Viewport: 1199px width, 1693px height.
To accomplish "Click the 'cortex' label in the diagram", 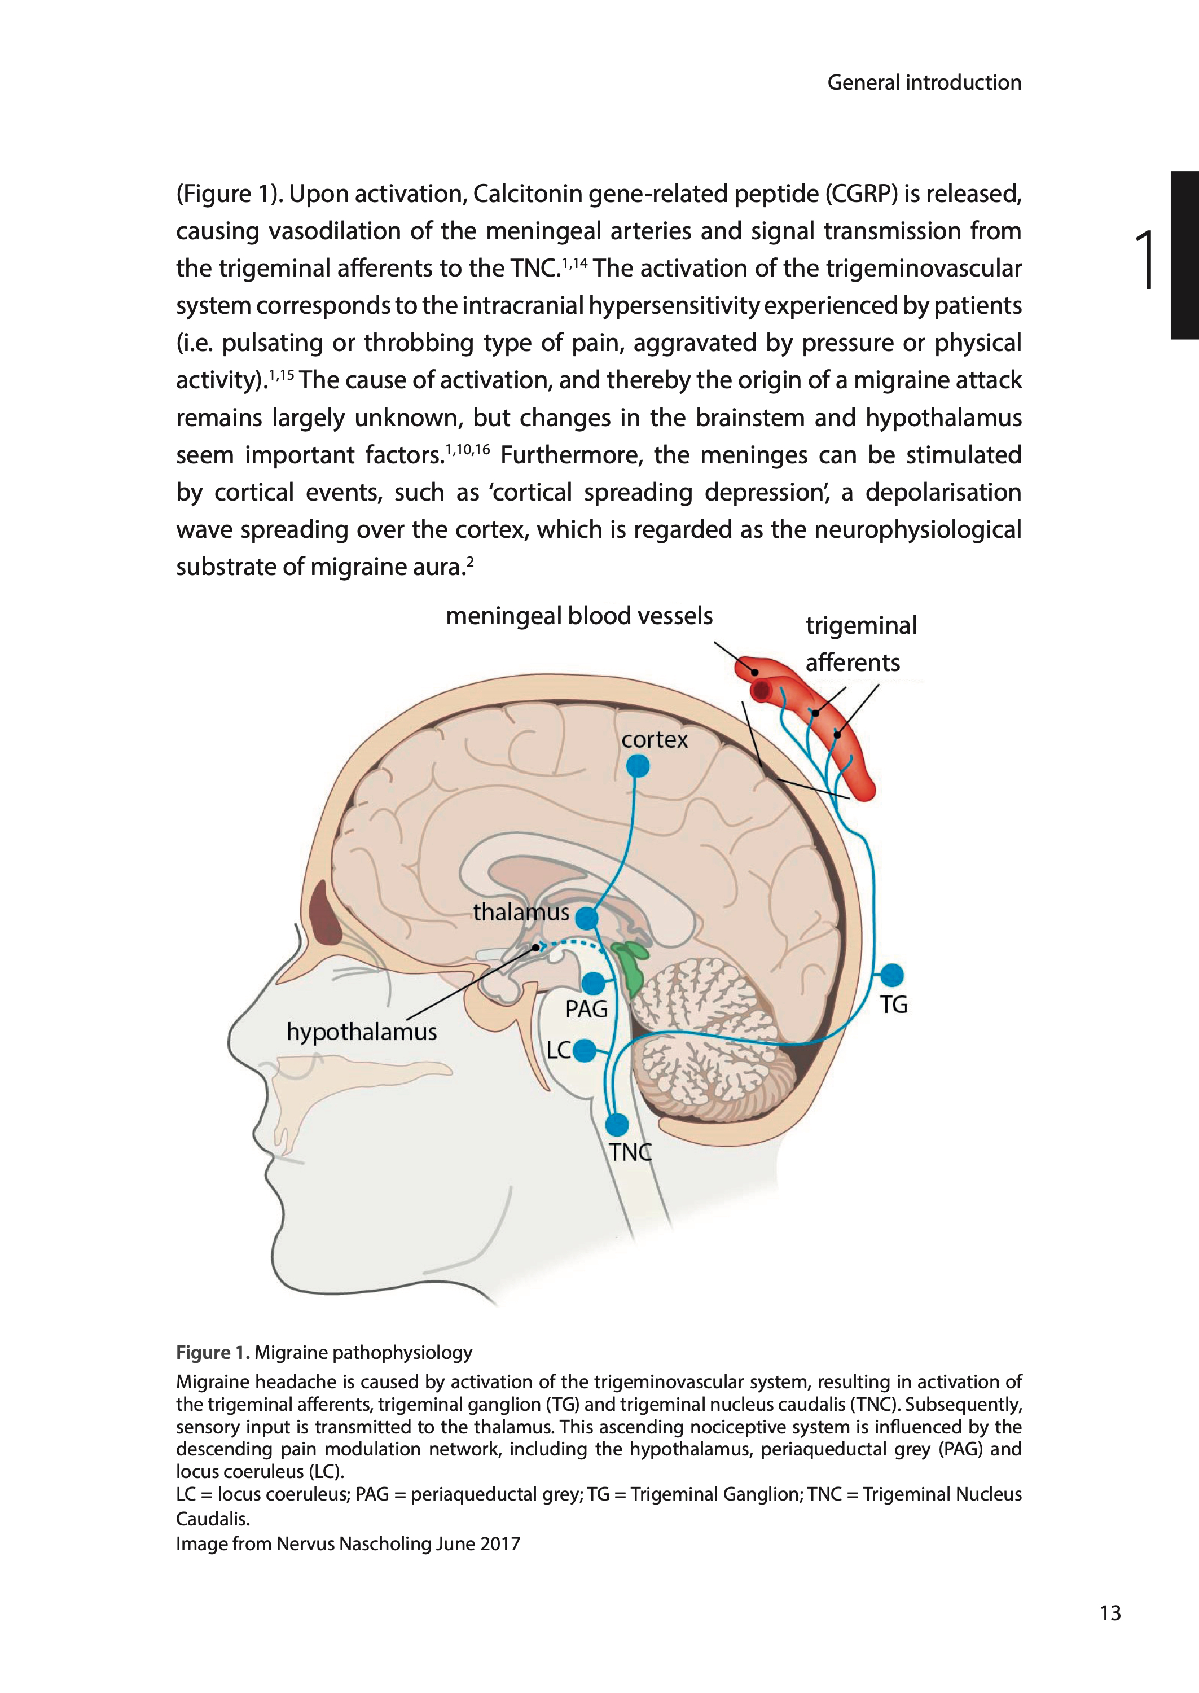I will (x=654, y=739).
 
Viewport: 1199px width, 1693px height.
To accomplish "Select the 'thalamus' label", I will (x=521, y=913).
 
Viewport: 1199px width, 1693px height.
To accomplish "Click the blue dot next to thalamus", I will (x=586, y=919).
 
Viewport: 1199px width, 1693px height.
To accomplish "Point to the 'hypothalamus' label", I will (x=361, y=1032).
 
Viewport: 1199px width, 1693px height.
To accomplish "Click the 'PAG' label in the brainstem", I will (x=586, y=1008).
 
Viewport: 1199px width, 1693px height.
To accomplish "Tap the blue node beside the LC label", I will (x=584, y=1050).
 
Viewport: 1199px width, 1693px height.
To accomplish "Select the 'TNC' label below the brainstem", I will (x=630, y=1152).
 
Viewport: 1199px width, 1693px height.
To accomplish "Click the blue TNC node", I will (x=617, y=1125).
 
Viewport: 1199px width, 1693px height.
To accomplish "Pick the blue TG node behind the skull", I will (x=892, y=975).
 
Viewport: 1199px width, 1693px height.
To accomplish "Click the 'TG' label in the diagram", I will (x=893, y=1005).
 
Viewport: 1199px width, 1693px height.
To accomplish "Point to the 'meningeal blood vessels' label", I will (x=579, y=616).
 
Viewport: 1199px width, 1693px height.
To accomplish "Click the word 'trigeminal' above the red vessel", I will (x=861, y=625).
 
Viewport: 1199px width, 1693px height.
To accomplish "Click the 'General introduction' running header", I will (x=924, y=83).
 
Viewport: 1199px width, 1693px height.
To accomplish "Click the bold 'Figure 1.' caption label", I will (x=213, y=1353).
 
